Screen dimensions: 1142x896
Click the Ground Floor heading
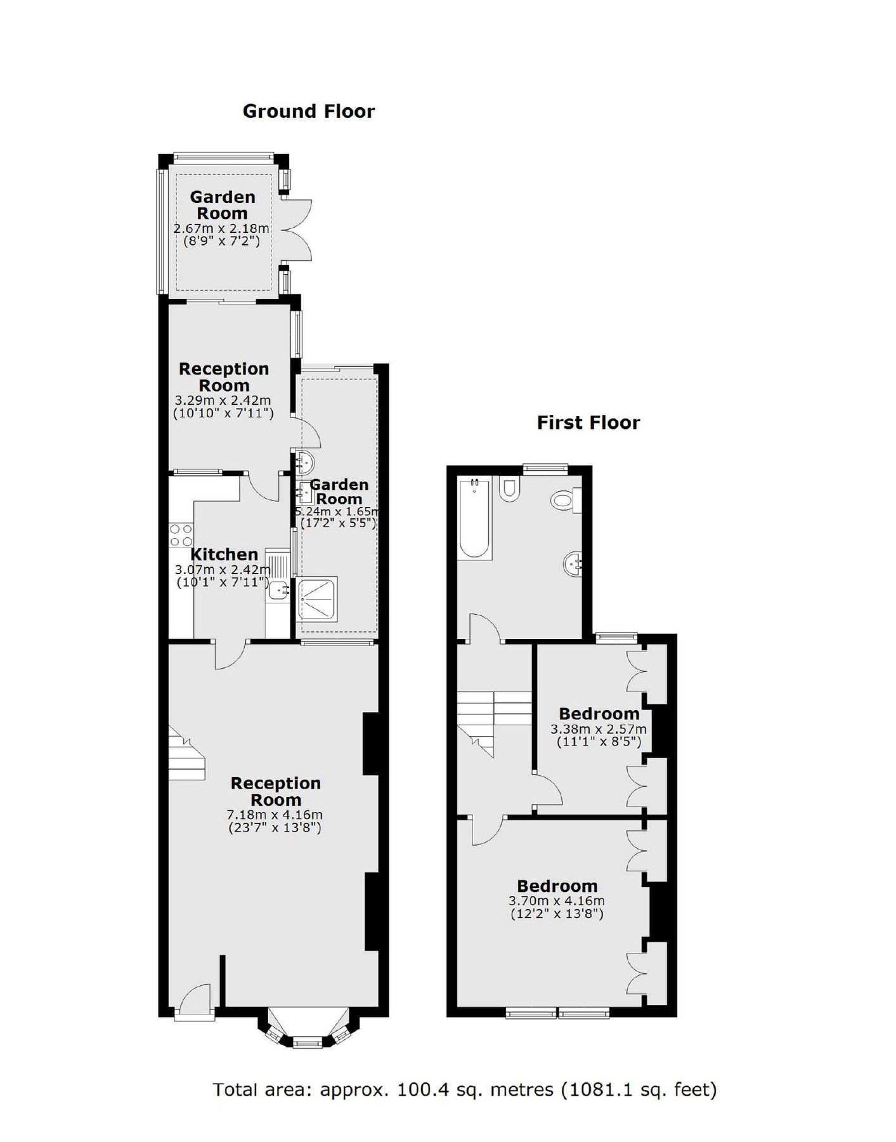tap(308, 112)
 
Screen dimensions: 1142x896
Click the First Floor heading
tap(588, 423)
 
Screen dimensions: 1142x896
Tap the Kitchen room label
tap(224, 554)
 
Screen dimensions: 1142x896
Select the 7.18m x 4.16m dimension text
tap(275, 815)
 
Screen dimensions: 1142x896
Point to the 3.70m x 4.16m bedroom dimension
tap(556, 901)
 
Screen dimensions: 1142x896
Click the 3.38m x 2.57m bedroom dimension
tap(599, 729)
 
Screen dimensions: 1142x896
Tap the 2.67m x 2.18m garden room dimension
tap(221, 228)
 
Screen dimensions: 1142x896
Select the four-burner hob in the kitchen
tap(181, 535)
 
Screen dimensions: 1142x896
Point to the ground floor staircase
tap(186, 754)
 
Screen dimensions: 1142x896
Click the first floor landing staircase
tap(493, 717)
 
